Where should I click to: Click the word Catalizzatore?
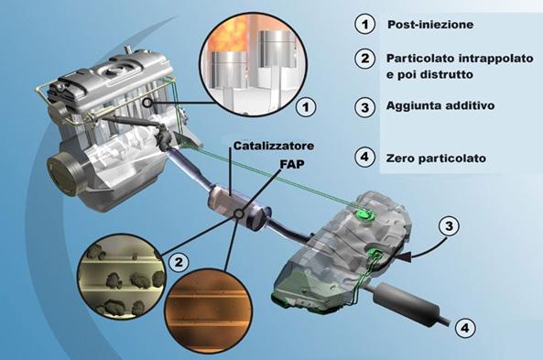pos(274,146)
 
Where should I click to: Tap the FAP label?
pos(292,164)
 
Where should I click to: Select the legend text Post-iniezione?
pos(430,25)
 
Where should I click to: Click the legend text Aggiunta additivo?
pos(440,105)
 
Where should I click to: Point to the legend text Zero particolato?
pos(436,158)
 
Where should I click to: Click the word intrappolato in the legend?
pos(495,59)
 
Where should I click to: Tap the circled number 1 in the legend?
pos(364,24)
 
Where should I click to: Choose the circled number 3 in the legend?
pos(364,107)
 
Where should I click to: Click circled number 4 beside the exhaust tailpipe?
pos(465,327)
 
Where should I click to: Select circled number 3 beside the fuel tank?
pos(449,226)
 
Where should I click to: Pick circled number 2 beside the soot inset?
pos(179,262)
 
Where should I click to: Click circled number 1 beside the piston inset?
pos(306,107)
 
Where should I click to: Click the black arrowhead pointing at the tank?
pos(405,256)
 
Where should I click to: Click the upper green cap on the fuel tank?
pos(365,214)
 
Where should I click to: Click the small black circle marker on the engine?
pos(147,103)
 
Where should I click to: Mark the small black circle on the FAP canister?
pos(239,214)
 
